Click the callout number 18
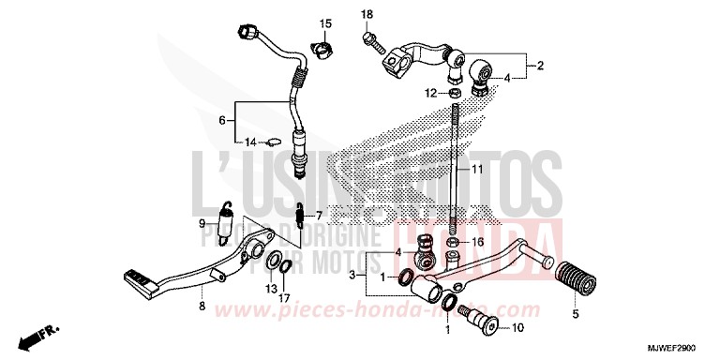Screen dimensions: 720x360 click(367, 13)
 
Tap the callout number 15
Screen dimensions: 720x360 click(326, 22)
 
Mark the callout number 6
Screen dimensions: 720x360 click(222, 121)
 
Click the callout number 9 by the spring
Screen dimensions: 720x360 click(202, 223)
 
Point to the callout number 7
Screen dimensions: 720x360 click(318, 215)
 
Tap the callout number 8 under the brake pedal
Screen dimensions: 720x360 click(202, 306)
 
